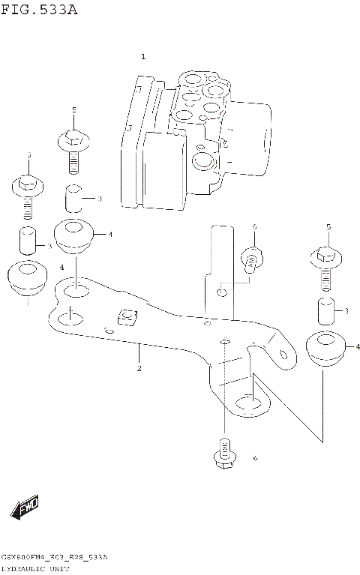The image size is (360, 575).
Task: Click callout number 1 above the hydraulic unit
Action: tap(143, 57)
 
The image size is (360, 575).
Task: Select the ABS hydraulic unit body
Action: tap(195, 139)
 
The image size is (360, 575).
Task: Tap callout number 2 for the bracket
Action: tap(139, 368)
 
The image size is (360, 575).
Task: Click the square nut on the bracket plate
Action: tap(125, 319)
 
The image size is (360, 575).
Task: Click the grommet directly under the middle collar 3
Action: tap(73, 235)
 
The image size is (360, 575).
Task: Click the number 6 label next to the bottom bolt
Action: tap(255, 458)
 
